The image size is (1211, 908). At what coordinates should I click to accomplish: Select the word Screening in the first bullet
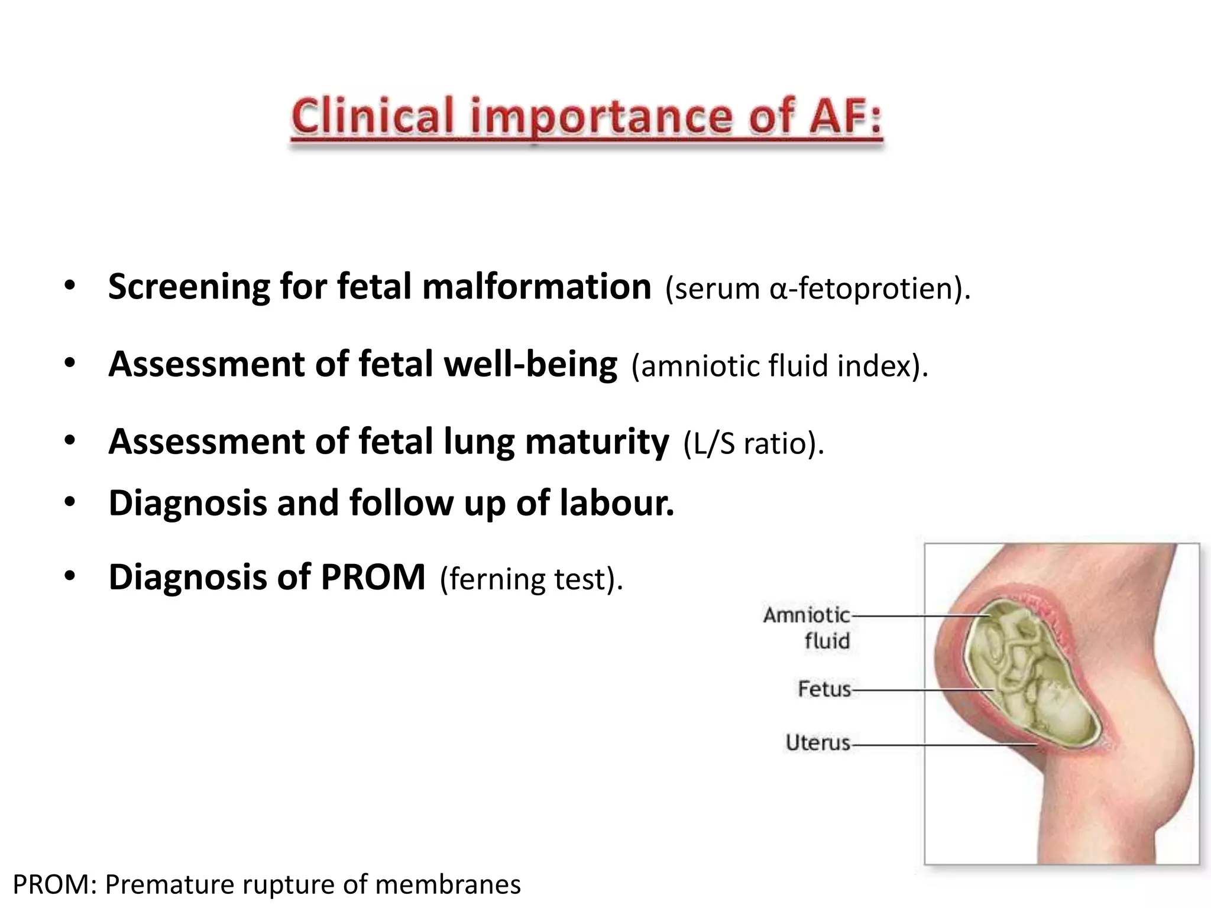(x=187, y=288)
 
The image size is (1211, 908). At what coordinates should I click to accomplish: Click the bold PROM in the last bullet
(x=373, y=577)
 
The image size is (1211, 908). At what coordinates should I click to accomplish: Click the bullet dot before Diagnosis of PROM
(x=70, y=576)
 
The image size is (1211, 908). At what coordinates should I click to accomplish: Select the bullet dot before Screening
(x=70, y=286)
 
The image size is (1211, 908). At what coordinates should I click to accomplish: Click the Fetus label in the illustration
(x=824, y=689)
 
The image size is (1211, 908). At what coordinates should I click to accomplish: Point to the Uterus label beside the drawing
(x=818, y=742)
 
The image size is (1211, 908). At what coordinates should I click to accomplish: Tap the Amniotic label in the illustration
(x=806, y=615)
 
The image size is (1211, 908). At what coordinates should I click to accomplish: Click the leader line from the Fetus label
(x=922, y=690)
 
